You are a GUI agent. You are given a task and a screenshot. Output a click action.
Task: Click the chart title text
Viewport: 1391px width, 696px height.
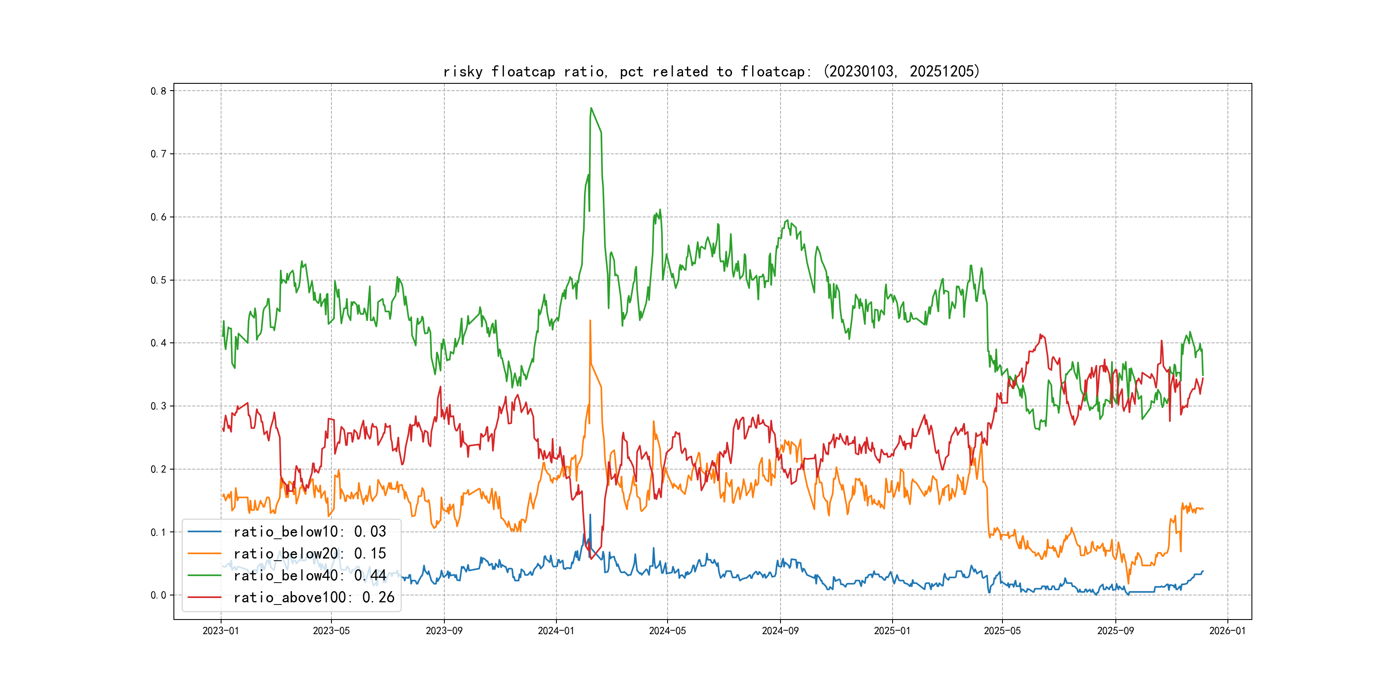711,71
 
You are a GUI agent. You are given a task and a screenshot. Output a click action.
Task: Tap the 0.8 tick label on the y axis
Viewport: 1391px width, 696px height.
158,91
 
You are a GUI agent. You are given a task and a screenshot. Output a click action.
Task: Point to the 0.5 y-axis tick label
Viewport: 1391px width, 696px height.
158,280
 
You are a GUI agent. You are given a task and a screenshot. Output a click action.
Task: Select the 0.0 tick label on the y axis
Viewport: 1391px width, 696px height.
158,595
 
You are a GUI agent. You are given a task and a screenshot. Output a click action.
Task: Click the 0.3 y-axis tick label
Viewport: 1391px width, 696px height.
158,406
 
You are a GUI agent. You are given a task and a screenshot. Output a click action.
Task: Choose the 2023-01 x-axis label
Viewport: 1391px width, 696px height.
220,631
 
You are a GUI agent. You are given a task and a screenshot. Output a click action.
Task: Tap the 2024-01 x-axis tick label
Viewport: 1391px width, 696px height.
556,631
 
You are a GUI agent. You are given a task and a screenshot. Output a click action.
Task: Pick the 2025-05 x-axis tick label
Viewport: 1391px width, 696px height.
1002,631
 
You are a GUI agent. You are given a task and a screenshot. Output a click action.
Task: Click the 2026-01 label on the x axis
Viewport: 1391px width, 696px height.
1227,631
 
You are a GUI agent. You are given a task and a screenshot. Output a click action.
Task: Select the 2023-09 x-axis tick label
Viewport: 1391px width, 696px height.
444,631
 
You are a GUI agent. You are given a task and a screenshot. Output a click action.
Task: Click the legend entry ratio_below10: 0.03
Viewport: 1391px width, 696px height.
310,532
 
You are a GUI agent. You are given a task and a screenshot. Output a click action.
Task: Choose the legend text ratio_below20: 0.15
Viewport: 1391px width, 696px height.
310,553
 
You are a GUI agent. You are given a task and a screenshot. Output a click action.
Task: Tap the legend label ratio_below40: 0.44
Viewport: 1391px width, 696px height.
310,576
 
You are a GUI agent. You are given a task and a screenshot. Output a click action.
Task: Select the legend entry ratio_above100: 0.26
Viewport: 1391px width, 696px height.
314,597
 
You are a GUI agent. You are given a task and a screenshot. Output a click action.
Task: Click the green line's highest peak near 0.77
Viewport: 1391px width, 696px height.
591,108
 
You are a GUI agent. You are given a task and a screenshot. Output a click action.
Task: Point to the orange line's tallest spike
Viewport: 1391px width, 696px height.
590,321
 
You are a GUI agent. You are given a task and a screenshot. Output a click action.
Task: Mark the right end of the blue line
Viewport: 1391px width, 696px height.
1203,571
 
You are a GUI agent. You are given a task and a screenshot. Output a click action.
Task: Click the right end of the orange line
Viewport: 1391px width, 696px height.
1203,509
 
